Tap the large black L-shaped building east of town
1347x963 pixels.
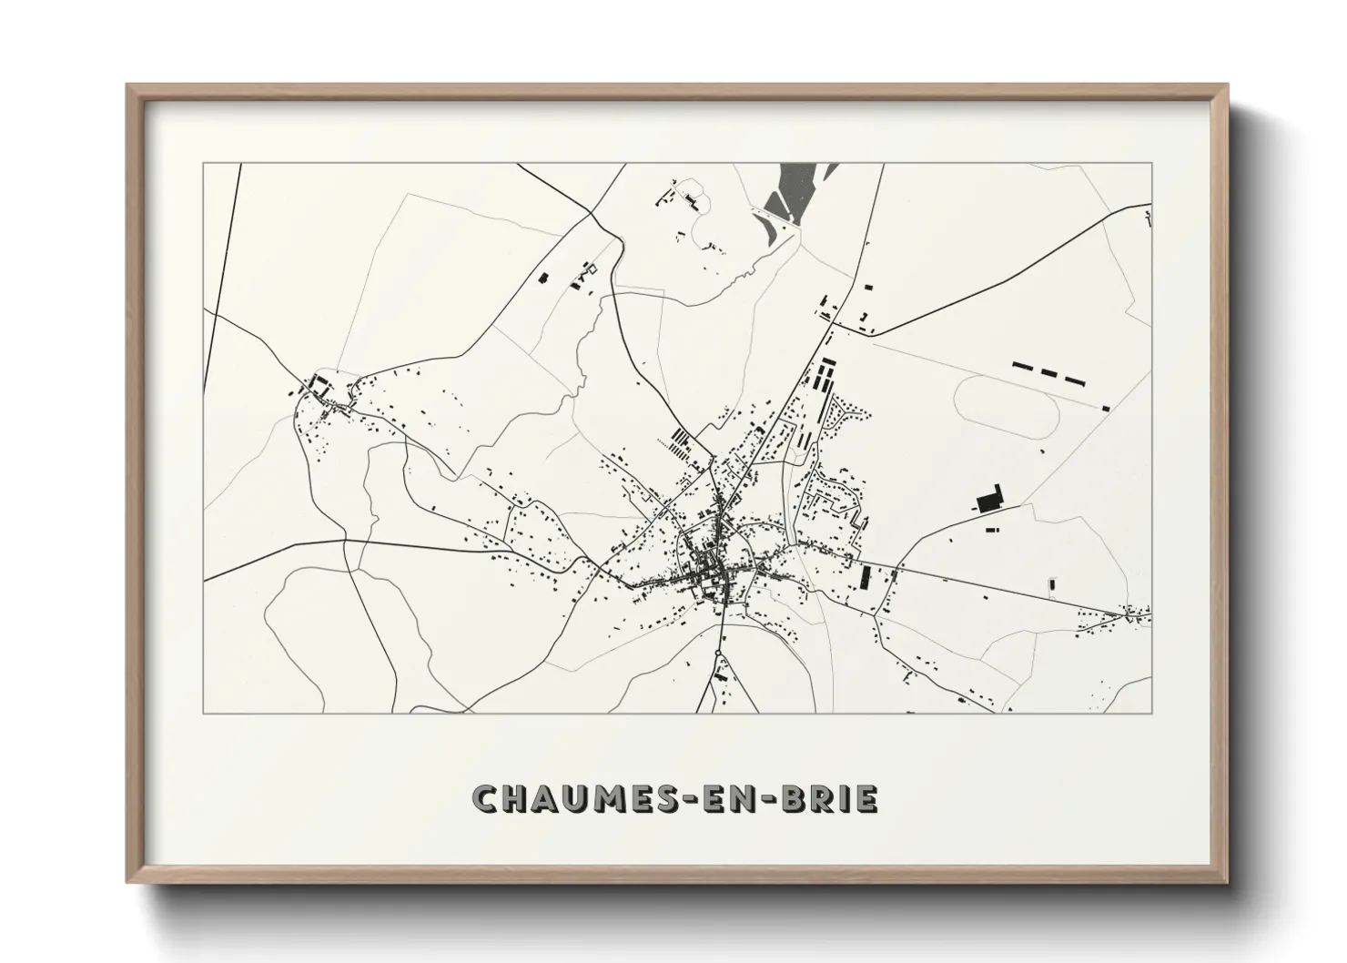click(987, 499)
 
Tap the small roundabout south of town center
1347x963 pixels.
click(718, 653)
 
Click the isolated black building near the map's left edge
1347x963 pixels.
click(544, 278)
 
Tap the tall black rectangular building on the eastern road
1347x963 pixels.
click(866, 577)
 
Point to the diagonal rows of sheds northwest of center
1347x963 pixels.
click(678, 444)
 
